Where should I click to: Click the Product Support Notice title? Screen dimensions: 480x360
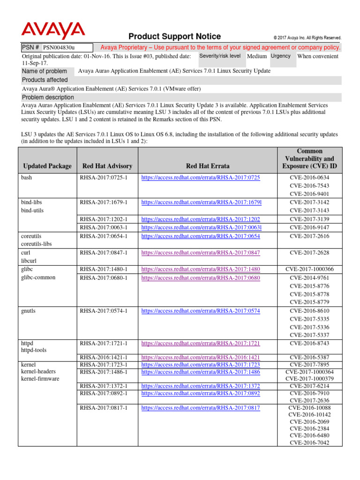(174, 37)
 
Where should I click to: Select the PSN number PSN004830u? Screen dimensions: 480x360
(59, 47)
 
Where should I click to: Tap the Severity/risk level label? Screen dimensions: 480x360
(220, 56)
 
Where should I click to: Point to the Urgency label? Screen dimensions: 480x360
(281, 56)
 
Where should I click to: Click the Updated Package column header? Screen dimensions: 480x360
(47, 166)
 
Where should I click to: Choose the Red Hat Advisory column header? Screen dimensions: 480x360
(107, 166)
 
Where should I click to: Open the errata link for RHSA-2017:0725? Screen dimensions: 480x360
(200, 178)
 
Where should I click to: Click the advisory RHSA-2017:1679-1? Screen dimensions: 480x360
(104, 202)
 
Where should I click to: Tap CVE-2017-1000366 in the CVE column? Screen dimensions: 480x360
(309, 269)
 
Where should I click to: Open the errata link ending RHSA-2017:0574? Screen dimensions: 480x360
(200, 311)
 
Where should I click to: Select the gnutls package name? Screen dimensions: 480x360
(30, 311)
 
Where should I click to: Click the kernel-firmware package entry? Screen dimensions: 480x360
(40, 379)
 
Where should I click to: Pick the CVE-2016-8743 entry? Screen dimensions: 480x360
(309, 344)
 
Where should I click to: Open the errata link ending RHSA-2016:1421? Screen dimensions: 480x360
(200, 358)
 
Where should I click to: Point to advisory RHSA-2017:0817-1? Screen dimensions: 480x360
(104, 408)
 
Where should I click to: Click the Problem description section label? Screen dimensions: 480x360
(48, 97)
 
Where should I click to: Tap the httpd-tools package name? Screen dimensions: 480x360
(34, 350)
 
